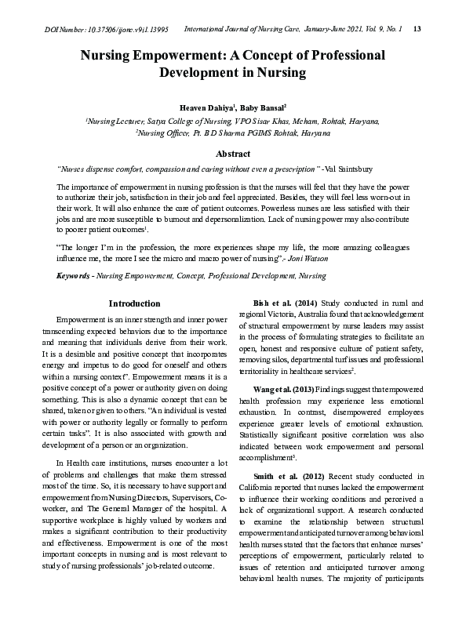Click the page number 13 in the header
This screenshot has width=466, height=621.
(x=417, y=29)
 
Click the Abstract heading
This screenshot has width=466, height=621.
(x=233, y=154)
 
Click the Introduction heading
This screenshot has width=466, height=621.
(x=134, y=303)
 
